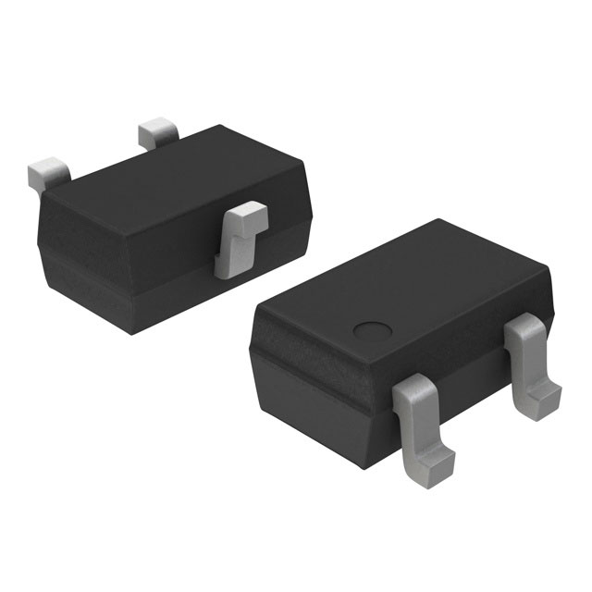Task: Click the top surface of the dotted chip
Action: pyautogui.click(x=407, y=287)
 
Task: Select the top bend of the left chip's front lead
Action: pyautogui.click(x=243, y=215)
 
